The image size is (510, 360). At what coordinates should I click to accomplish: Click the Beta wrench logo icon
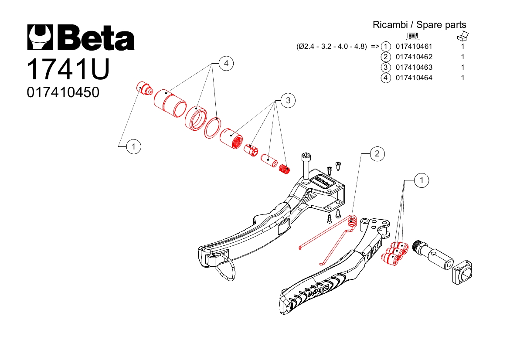pos(40,37)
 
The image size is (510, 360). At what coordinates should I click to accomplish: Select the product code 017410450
pos(63,92)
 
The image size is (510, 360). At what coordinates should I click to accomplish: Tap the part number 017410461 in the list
pos(414,47)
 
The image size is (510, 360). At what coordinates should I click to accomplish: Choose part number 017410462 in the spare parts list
pos(414,57)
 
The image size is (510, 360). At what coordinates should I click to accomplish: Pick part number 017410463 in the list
pos(414,67)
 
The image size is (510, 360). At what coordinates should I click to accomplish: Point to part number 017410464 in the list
pos(414,78)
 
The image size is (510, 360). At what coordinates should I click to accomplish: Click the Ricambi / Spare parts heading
pos(419,25)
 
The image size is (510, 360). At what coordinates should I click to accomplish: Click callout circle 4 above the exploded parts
pos(226,64)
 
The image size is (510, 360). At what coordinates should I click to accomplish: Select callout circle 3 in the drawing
pos(288,101)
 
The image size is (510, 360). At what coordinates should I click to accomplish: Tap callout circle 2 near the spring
pos(377,153)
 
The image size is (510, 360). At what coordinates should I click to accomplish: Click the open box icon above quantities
pos(462,36)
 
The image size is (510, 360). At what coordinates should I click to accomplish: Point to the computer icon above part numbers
pos(413,36)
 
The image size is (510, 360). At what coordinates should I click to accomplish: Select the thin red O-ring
pos(213,128)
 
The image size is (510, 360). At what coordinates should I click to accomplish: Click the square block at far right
pos(462,272)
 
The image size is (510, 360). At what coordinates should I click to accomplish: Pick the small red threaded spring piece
pos(285,170)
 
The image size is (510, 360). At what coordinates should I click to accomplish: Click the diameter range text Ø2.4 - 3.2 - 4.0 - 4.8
pos(331,47)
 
